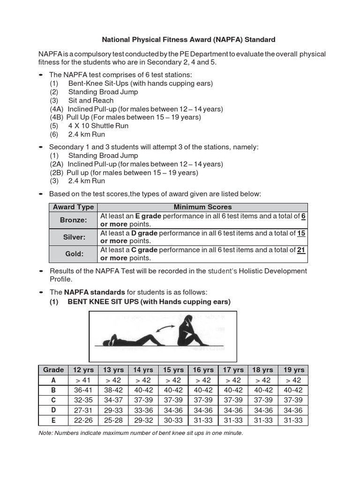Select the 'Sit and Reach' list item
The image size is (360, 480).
click(90, 100)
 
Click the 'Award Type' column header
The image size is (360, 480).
click(73, 207)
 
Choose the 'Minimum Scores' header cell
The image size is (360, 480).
click(202, 207)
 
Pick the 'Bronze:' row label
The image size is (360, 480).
click(73, 219)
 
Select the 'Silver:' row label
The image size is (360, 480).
click(73, 237)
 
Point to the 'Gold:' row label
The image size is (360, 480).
click(73, 254)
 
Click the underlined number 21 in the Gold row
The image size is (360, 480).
click(301, 250)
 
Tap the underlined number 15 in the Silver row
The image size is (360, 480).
click(301, 233)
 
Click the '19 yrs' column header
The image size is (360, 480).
click(293, 370)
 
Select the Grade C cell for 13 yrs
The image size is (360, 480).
click(113, 400)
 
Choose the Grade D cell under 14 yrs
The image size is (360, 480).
click(143, 410)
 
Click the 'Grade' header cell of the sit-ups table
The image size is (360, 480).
click(53, 370)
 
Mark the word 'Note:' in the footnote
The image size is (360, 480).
click(46, 433)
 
